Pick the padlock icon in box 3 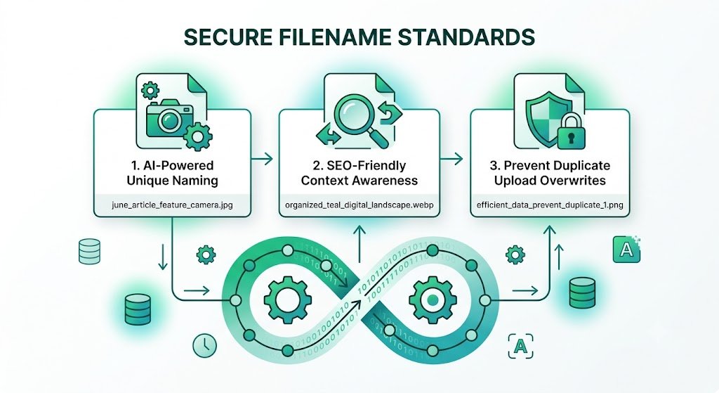(x=571, y=132)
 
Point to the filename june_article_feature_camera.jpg (x=172, y=205)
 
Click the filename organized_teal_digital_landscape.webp (x=359, y=205)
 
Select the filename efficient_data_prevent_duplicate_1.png (x=550, y=205)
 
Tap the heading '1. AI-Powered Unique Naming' (x=172, y=173)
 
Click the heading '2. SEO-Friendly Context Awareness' (x=359, y=173)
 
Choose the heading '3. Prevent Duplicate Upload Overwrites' (x=550, y=173)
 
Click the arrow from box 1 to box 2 (x=263, y=160)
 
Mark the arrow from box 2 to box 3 (x=451, y=160)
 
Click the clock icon (x=204, y=345)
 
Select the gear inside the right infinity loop (x=433, y=299)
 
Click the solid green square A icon (x=626, y=250)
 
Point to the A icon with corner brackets (x=521, y=346)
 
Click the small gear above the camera (x=150, y=90)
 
